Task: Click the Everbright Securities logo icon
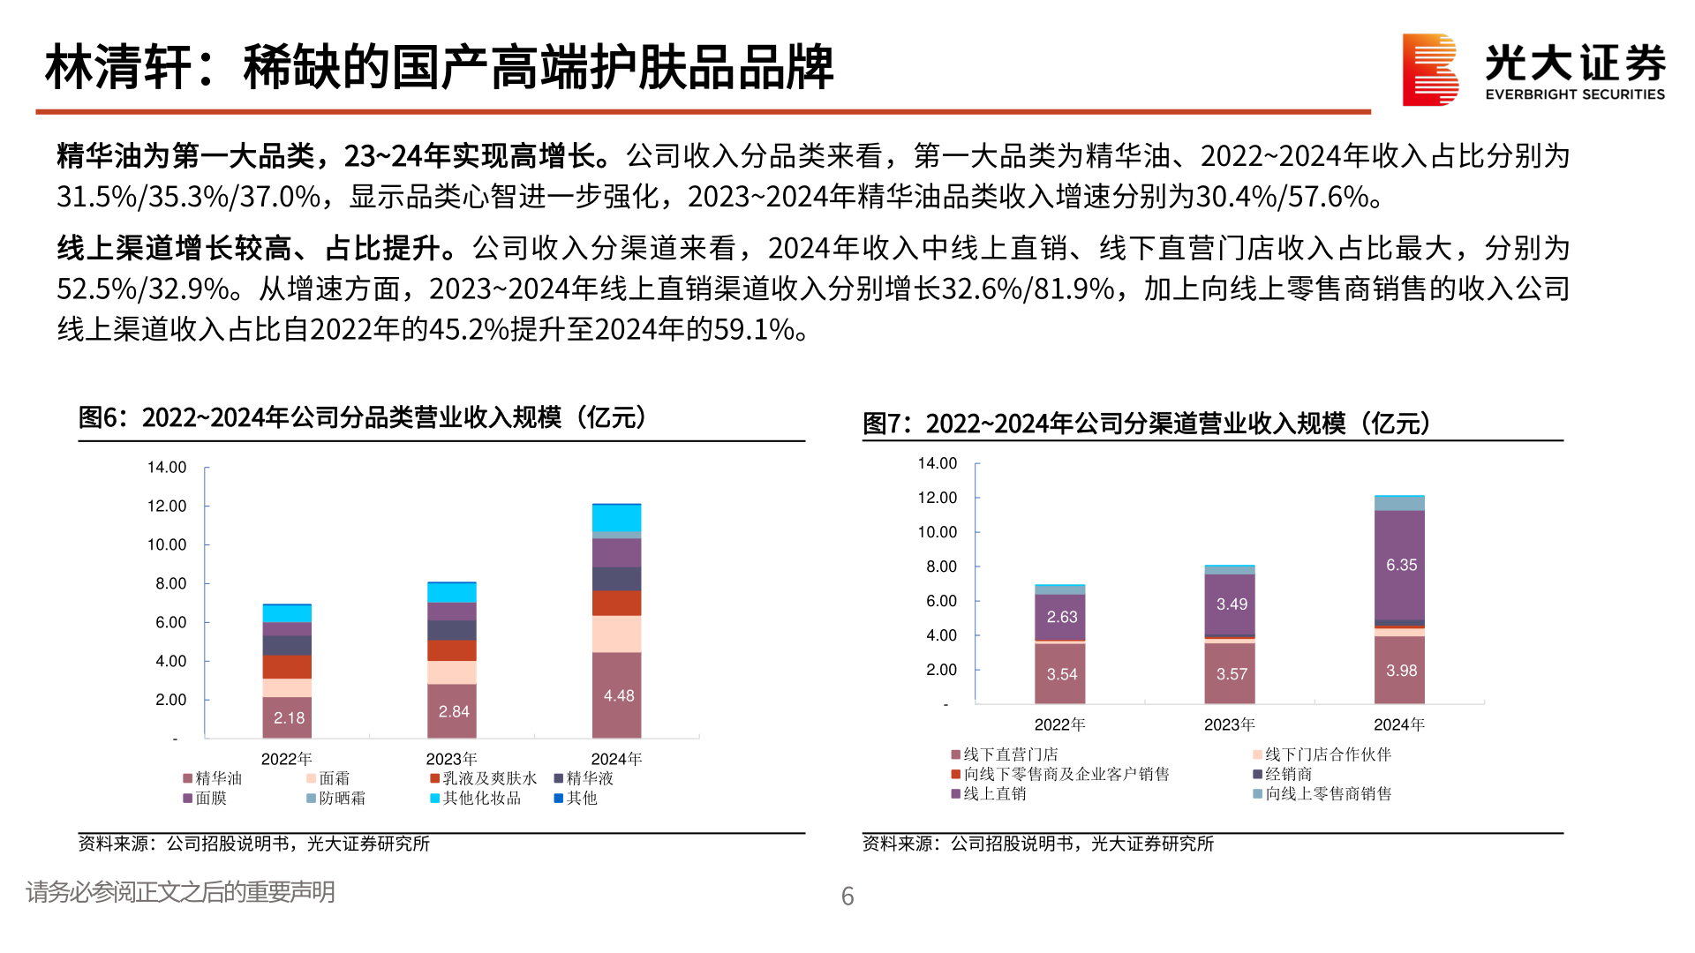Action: tap(1429, 70)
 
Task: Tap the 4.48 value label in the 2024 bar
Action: tap(619, 696)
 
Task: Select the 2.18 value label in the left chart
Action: tap(289, 718)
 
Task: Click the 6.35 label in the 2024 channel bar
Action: tap(1401, 565)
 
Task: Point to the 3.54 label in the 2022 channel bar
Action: tap(1061, 674)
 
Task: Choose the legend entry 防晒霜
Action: tap(341, 798)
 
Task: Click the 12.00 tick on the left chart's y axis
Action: tap(167, 506)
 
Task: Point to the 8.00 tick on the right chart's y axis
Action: tap(941, 567)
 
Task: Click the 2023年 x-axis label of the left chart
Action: tap(451, 759)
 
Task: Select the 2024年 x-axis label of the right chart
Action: tap(1399, 724)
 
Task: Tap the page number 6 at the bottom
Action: tap(847, 897)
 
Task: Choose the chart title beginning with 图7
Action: tap(1146, 424)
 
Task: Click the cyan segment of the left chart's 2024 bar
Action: tap(616, 518)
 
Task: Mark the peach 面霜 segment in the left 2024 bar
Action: tap(616, 634)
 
